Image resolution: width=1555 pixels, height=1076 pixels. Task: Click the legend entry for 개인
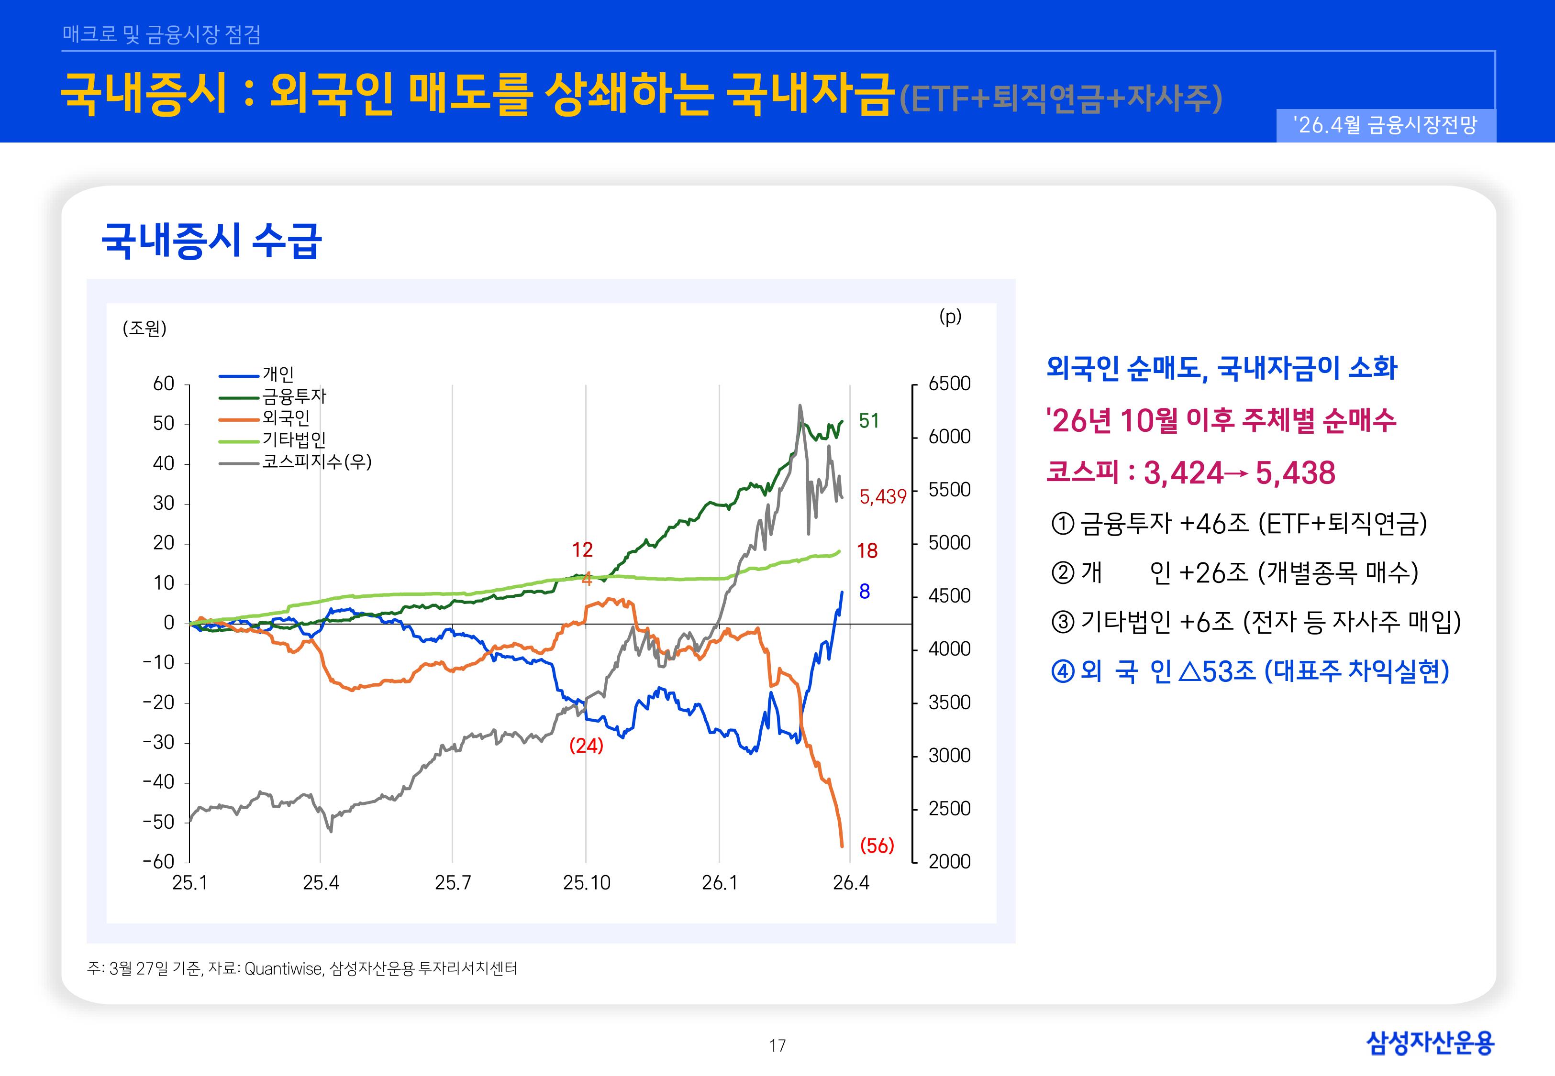[278, 374]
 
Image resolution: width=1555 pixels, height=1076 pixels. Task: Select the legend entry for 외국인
[286, 418]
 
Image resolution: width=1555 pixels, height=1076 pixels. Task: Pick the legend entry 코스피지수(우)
[316, 462]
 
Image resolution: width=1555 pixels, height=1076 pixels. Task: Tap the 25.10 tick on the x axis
[587, 882]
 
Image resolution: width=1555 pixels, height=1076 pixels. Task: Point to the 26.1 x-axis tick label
[720, 882]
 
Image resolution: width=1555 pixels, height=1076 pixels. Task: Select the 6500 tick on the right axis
[949, 384]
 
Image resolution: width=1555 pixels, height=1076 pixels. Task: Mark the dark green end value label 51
[868, 421]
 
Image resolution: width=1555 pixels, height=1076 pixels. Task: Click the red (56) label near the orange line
[877, 845]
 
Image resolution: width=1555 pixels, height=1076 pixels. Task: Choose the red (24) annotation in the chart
[586, 746]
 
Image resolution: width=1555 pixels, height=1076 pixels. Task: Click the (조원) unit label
[144, 329]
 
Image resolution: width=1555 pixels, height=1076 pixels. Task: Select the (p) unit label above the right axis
[950, 316]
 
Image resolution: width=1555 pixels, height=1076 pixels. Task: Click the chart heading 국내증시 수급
[211, 241]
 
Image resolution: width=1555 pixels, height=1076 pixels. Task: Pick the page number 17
[777, 1046]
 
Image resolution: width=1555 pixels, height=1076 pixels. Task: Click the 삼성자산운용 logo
[1430, 1043]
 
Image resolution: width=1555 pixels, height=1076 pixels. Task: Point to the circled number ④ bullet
[1062, 671]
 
